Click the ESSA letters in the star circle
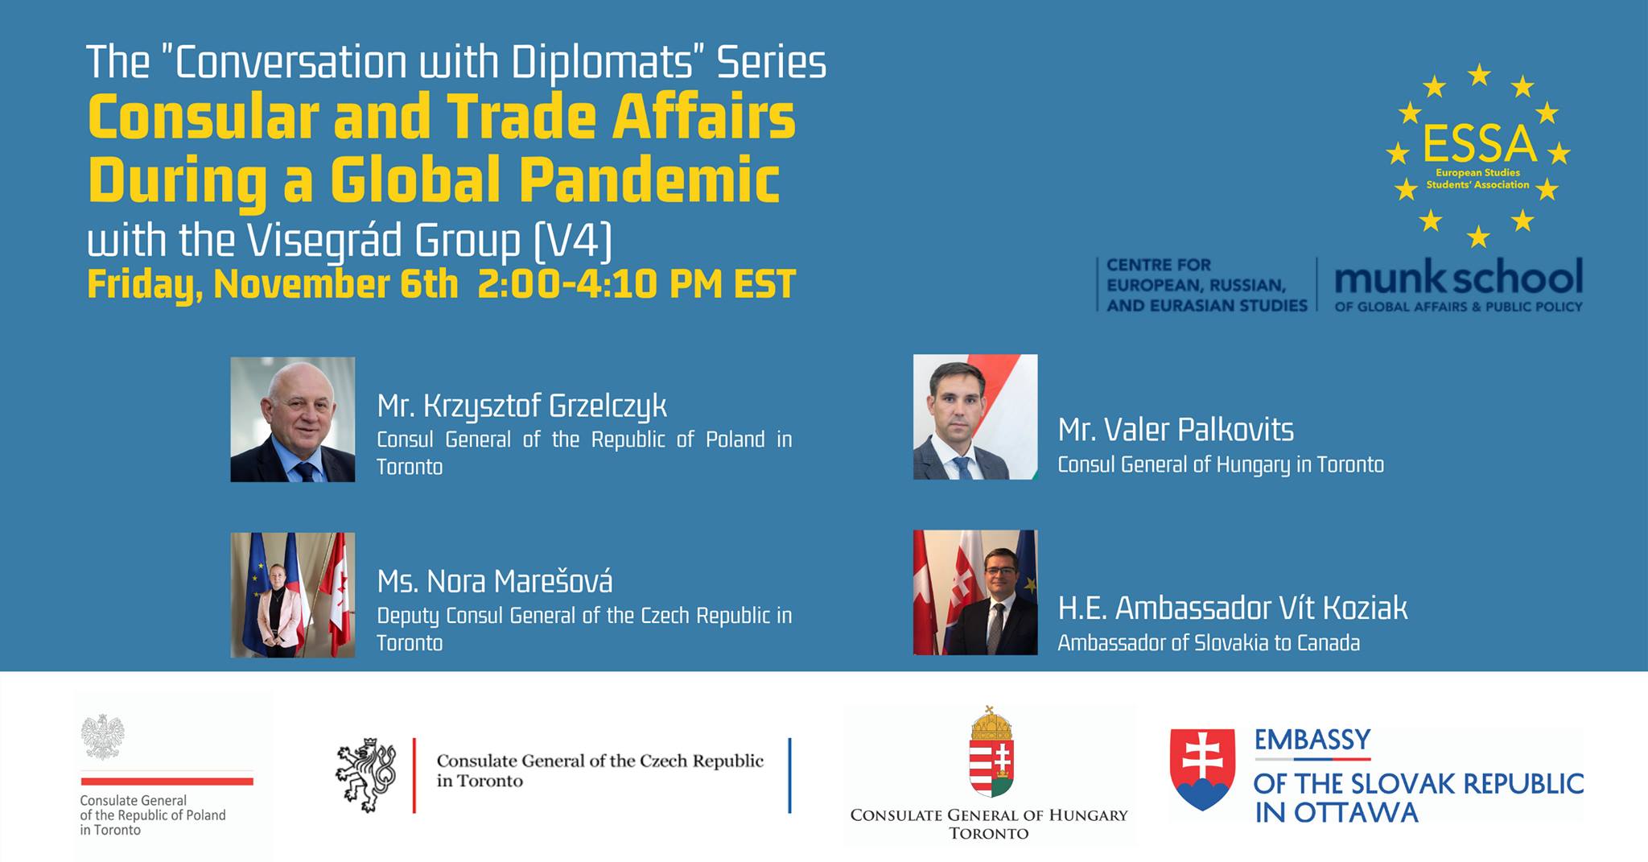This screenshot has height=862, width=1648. tap(1480, 144)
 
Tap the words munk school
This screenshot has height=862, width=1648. tap(1458, 278)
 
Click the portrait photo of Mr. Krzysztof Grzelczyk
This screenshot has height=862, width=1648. tap(293, 419)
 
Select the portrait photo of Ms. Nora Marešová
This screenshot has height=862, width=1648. tap(293, 595)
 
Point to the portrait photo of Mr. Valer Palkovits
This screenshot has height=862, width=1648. tap(975, 417)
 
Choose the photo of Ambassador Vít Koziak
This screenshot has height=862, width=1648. tap(975, 592)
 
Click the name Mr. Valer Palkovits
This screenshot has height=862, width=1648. tap(1176, 430)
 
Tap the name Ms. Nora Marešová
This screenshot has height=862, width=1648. tap(495, 581)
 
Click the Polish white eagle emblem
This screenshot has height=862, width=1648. tap(103, 736)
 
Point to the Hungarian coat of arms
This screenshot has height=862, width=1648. tap(991, 752)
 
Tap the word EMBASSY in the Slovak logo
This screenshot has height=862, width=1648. tap(1312, 740)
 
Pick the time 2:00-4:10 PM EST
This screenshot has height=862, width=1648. tap(637, 284)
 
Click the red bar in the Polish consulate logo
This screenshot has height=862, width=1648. tap(167, 781)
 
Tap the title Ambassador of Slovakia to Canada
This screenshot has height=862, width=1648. tap(1209, 643)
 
